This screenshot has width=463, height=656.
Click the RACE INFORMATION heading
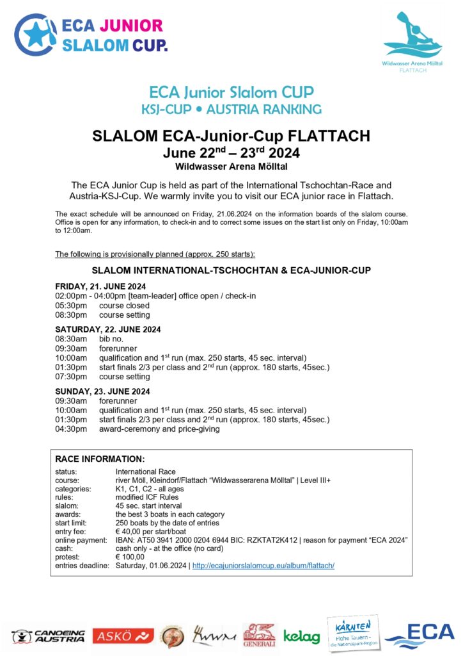pyautogui.click(x=100, y=459)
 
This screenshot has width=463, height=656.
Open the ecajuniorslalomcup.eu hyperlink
pyautogui.click(x=263, y=566)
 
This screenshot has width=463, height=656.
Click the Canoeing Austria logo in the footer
pyautogui.click(x=48, y=636)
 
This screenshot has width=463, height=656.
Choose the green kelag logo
pyautogui.click(x=301, y=636)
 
